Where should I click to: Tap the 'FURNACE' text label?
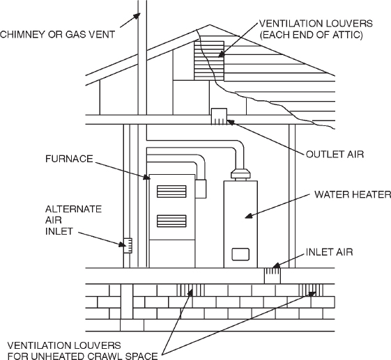click(x=65, y=159)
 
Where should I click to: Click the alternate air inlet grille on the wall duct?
click(x=128, y=244)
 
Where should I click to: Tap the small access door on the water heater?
click(x=240, y=254)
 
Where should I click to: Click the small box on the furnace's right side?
click(x=201, y=189)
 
